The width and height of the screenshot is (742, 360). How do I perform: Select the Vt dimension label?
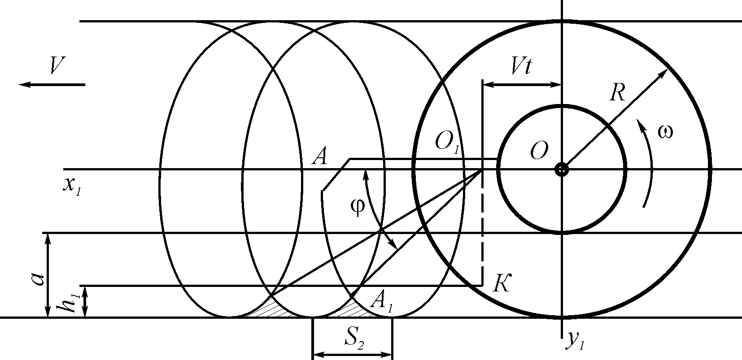point(521,67)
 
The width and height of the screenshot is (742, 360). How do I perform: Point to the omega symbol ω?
point(664,132)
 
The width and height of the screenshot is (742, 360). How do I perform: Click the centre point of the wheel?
point(561,169)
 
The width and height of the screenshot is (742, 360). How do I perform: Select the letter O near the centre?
point(538,152)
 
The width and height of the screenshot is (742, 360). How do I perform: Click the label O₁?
point(447,143)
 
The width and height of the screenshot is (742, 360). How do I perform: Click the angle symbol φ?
point(357,208)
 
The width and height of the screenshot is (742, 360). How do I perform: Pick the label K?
point(500,283)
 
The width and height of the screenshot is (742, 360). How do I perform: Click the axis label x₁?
point(71,184)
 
